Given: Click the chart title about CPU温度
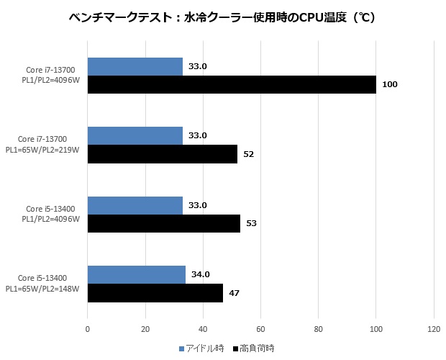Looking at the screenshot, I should [x=223, y=17].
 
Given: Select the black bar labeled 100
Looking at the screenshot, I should [x=231, y=84].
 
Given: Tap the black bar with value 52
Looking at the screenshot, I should [x=162, y=153].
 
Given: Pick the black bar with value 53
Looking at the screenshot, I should [x=163, y=223].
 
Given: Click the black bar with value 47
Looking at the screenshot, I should [x=155, y=292].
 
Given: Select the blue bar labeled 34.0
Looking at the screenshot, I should [x=136, y=274].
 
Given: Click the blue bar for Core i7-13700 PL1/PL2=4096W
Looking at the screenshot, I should [x=135, y=66].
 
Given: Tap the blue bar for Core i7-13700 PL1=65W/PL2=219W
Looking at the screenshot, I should [x=135, y=135].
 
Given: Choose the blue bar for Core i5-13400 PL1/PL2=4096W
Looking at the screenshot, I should [x=135, y=205].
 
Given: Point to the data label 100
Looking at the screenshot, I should [x=390, y=85].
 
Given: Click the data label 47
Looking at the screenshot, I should [x=234, y=293].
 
